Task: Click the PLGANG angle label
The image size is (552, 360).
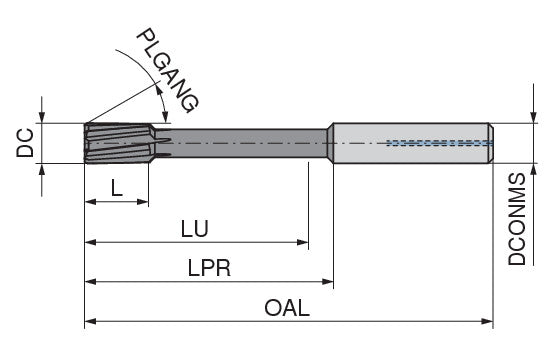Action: point(168,71)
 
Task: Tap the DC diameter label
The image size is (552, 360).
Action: point(25,143)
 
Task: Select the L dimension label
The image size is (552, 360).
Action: point(117,188)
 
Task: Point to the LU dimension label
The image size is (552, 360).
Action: point(195,228)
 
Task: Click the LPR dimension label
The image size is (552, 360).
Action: point(209,268)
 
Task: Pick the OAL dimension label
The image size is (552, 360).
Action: point(287,308)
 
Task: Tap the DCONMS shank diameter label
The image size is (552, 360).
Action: point(516,219)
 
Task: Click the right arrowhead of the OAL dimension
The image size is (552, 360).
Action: point(487,321)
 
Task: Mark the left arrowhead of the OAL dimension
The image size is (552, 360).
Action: point(91,321)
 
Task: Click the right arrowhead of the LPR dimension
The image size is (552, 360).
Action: point(328,282)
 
